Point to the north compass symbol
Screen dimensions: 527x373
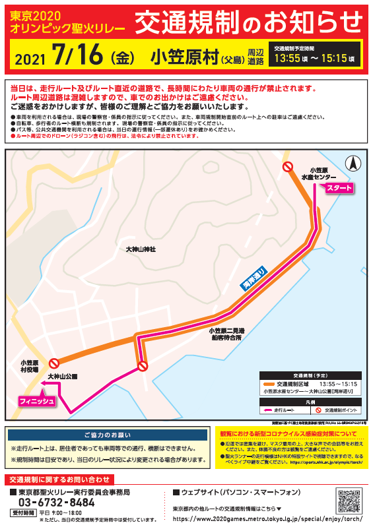(x=354, y=162)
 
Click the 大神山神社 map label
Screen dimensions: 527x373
(x=140, y=249)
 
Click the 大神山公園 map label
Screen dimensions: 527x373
(x=62, y=376)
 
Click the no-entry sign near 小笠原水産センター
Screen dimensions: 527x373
(x=288, y=168)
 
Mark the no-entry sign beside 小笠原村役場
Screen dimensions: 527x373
(x=55, y=362)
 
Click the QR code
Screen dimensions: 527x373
(x=349, y=501)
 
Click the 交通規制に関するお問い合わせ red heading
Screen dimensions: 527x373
(x=59, y=479)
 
